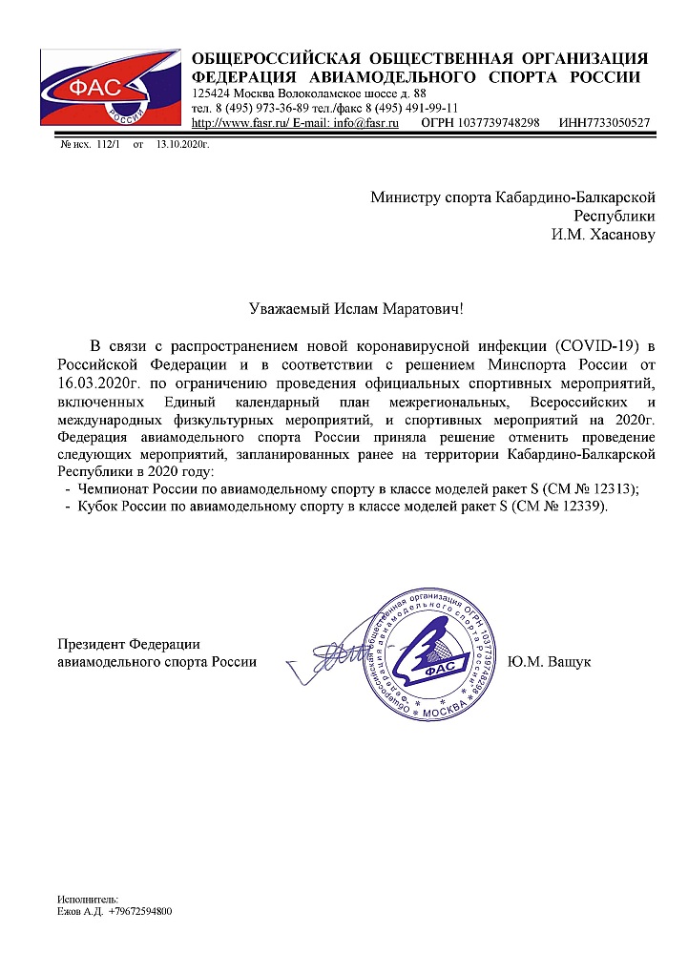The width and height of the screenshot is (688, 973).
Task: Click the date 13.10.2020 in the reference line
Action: [182, 144]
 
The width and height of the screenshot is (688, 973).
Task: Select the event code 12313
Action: [613, 489]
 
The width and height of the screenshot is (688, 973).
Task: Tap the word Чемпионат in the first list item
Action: [114, 489]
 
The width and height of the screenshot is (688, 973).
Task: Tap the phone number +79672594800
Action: [140, 912]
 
